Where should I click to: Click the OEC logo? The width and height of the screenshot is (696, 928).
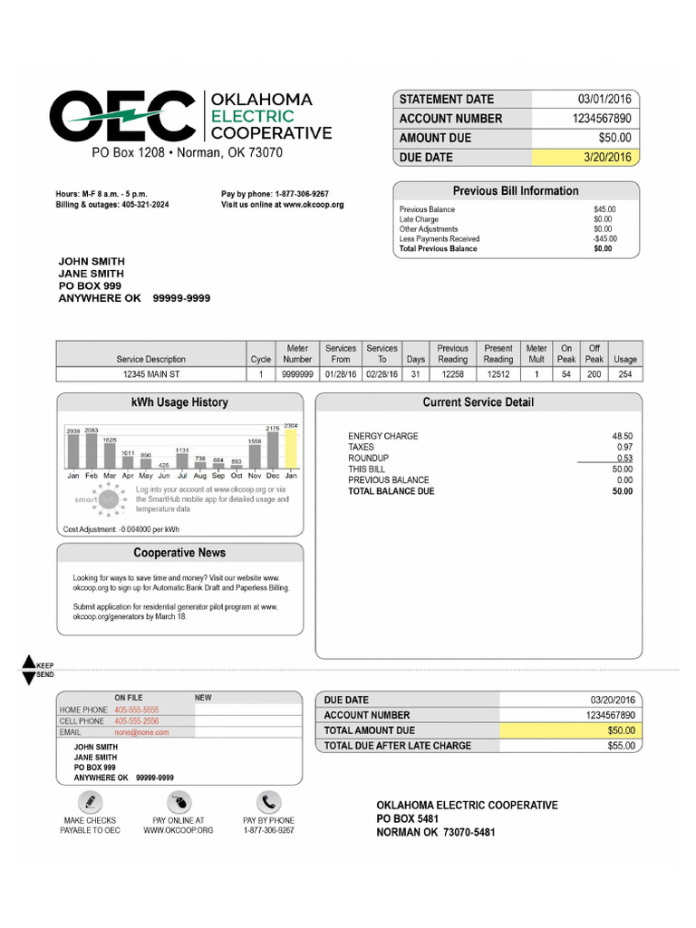pos(122,116)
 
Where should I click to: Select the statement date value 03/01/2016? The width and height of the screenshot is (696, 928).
pos(607,99)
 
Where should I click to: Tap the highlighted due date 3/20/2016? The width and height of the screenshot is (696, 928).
pos(607,158)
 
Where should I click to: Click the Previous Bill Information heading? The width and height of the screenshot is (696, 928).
pos(515,191)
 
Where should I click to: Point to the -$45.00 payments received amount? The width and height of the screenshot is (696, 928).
pos(604,239)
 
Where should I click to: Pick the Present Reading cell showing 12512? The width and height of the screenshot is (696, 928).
pos(498,373)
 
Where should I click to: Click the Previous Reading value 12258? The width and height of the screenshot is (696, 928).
pos(452,373)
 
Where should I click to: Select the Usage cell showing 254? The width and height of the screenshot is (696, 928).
pos(625,373)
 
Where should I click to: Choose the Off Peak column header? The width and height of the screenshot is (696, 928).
pos(594,353)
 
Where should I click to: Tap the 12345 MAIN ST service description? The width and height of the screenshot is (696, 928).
pos(151,373)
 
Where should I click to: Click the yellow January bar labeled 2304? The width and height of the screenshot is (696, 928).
pos(291,447)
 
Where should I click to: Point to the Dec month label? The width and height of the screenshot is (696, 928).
pos(273,475)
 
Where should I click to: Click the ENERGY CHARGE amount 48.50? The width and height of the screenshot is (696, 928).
pos(623,436)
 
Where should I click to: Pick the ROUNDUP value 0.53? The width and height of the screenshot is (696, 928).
pos(623,459)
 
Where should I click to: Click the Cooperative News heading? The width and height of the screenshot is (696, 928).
pos(179,553)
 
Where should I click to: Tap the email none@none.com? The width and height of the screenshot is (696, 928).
pos(141,731)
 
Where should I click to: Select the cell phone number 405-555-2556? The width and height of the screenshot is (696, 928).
pos(136,720)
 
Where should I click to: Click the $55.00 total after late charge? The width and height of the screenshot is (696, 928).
pos(622,746)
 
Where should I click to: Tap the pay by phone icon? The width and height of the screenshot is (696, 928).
pos(268,802)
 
